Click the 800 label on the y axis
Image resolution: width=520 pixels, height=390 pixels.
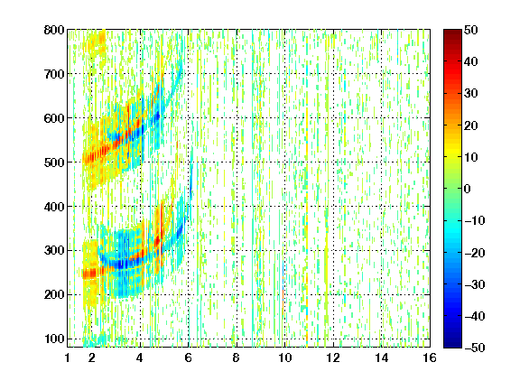click(54, 30)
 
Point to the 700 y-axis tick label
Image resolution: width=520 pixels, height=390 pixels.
click(54, 74)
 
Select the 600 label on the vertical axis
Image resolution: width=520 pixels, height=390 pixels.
click(54, 118)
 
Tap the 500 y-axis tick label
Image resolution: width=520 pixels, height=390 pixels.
click(54, 162)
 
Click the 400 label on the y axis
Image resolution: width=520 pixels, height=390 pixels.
click(54, 207)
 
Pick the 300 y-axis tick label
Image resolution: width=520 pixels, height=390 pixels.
click(54, 250)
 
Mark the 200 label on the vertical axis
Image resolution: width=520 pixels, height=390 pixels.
click(54, 294)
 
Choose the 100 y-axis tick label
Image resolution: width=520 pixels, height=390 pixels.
click(54, 339)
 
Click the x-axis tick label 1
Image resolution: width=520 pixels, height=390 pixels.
click(68, 357)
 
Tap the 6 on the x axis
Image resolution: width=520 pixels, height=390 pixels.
click(189, 357)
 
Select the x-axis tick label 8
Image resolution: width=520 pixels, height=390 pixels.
click(237, 357)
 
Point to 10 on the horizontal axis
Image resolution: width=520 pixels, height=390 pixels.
click(285, 357)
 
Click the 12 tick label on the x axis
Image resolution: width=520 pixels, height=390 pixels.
click(333, 357)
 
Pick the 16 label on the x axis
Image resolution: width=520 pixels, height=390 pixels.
click(430, 357)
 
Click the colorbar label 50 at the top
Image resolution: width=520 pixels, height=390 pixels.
click(471, 30)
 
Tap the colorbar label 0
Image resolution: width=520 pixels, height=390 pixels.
click(468, 189)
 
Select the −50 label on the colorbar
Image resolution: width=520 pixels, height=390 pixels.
click(475, 348)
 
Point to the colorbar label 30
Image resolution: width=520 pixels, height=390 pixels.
click(471, 94)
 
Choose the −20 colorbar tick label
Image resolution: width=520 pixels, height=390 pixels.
click(475, 253)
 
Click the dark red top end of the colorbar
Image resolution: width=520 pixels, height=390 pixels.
click(452, 32)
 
